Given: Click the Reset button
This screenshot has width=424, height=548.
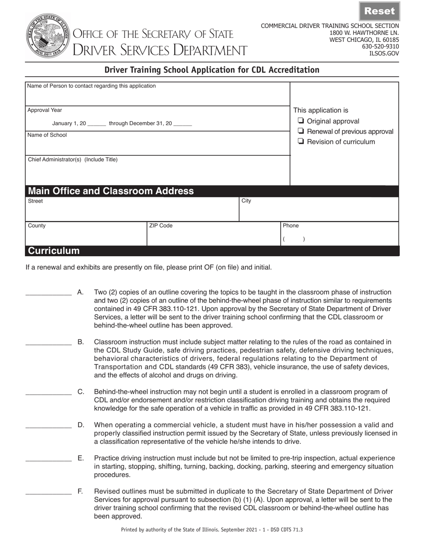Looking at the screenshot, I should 379,11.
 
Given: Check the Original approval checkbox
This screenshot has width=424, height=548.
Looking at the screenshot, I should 301,121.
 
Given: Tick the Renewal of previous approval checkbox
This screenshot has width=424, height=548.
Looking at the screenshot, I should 301,131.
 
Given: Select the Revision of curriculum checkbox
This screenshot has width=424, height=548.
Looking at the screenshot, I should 301,142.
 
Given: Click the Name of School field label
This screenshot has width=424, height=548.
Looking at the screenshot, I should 47,135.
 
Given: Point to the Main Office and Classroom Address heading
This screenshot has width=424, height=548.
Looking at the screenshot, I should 111,191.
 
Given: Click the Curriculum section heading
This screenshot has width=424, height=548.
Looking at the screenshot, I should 54,251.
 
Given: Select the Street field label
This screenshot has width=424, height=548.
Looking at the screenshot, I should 36,201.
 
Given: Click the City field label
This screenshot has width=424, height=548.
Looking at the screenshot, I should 246,201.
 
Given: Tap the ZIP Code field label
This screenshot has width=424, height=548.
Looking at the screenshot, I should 161,226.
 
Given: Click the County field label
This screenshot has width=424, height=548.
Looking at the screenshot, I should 37,226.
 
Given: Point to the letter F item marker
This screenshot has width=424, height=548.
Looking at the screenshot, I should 80,491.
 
